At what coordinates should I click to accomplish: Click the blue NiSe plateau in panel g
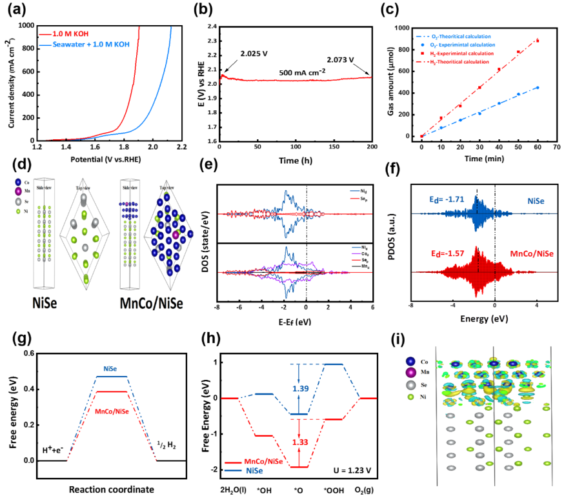[112, 376]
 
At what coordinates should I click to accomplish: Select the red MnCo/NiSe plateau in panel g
[112, 391]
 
